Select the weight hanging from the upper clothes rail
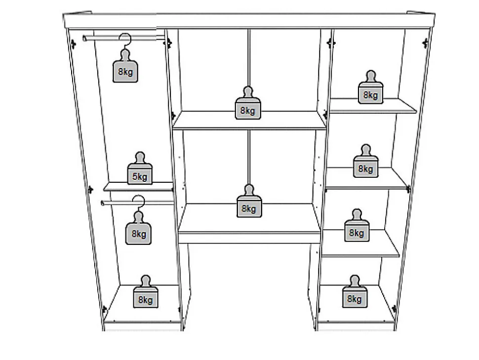125,66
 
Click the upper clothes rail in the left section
124,38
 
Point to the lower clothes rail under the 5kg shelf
137,202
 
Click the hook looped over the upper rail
125,41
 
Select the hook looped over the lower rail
139,203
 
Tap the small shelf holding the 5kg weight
138,187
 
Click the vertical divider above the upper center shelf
249,58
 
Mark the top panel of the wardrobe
249,20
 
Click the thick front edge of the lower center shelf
249,237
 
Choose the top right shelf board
373,106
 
